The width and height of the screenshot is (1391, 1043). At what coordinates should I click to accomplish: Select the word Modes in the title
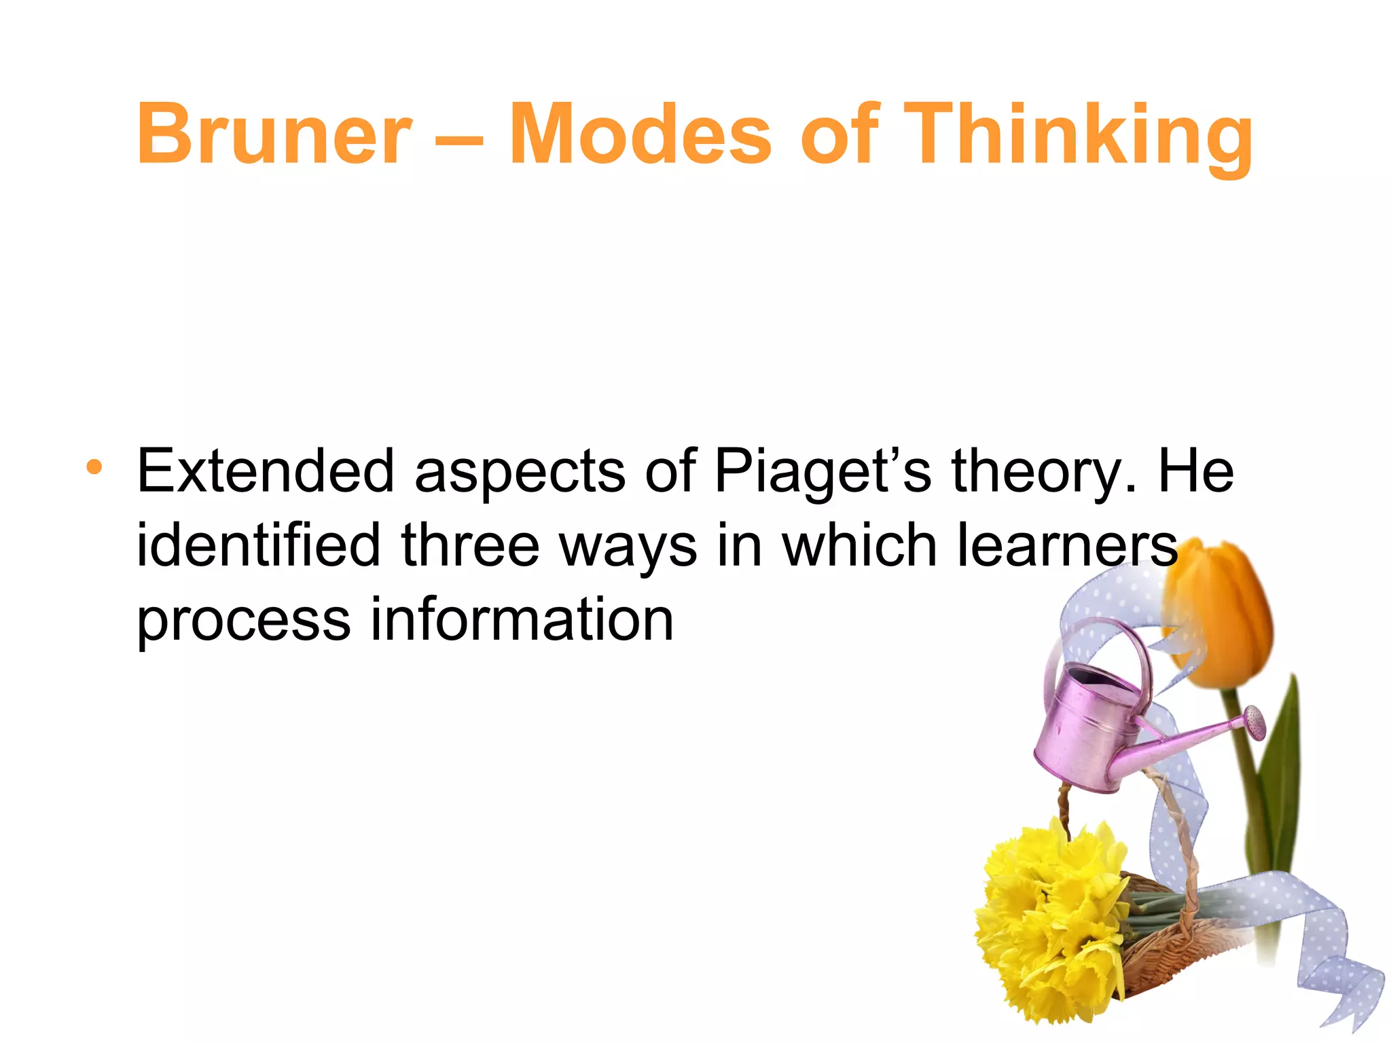[x=640, y=134]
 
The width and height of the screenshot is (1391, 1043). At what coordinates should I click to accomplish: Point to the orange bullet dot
[x=94, y=467]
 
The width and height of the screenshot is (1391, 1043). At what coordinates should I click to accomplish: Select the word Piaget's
[x=823, y=473]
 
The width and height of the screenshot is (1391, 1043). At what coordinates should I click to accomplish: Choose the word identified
[x=259, y=545]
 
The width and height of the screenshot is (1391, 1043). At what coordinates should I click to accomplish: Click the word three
[x=470, y=545]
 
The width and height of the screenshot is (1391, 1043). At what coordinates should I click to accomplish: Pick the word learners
[x=1067, y=545]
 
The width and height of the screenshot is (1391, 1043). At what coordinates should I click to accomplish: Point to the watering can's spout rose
[x=1254, y=721]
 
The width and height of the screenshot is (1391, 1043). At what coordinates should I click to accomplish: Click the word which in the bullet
[x=859, y=545]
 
